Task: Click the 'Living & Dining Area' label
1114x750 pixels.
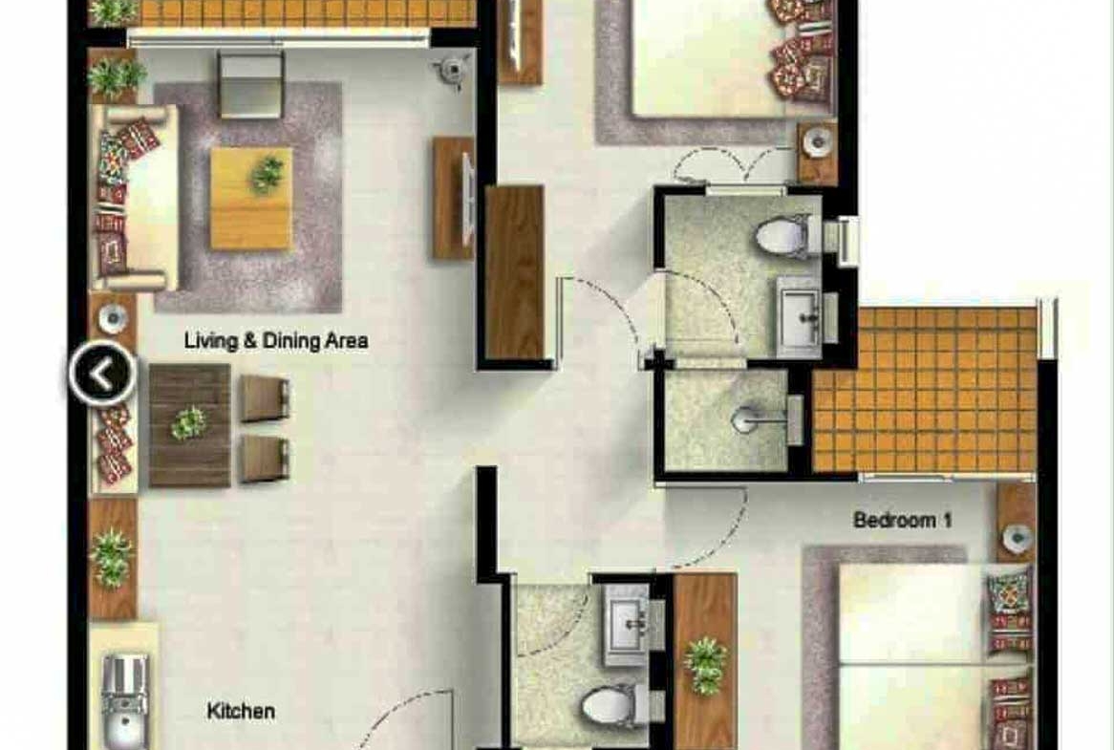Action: point(276,341)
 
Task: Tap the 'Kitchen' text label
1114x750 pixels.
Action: point(241,711)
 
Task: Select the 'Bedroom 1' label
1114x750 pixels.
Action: point(902,520)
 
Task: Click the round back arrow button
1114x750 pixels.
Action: point(102,373)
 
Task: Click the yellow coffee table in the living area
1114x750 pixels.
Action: point(250,198)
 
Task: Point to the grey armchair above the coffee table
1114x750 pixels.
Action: point(250,84)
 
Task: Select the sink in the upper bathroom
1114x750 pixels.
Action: point(801,315)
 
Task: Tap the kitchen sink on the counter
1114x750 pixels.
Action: point(125,702)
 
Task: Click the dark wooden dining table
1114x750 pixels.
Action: point(190,425)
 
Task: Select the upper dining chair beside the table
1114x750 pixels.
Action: point(265,397)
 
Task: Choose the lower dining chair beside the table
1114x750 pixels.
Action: point(265,459)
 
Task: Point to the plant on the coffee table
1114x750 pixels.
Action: point(268,175)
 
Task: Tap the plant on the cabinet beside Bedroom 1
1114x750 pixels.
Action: point(705,665)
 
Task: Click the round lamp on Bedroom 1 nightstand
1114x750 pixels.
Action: point(1018,538)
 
